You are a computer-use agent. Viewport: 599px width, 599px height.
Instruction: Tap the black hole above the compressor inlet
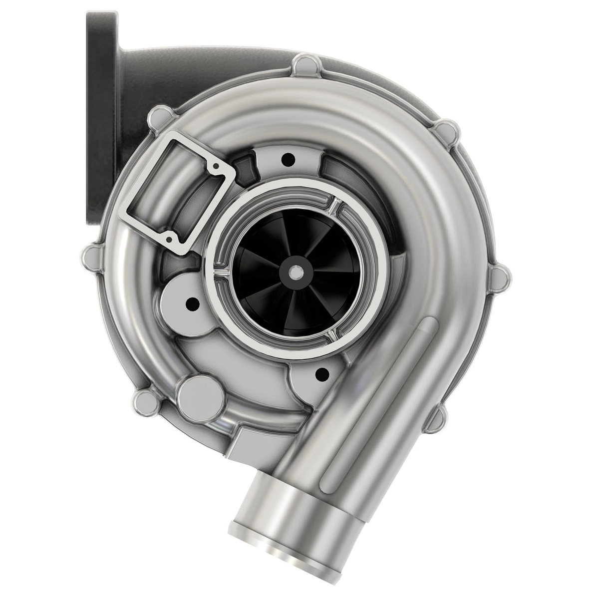[288, 160]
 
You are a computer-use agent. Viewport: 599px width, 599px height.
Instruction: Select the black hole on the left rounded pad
[190, 302]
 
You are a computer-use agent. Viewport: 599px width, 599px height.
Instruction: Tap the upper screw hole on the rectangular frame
[215, 165]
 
